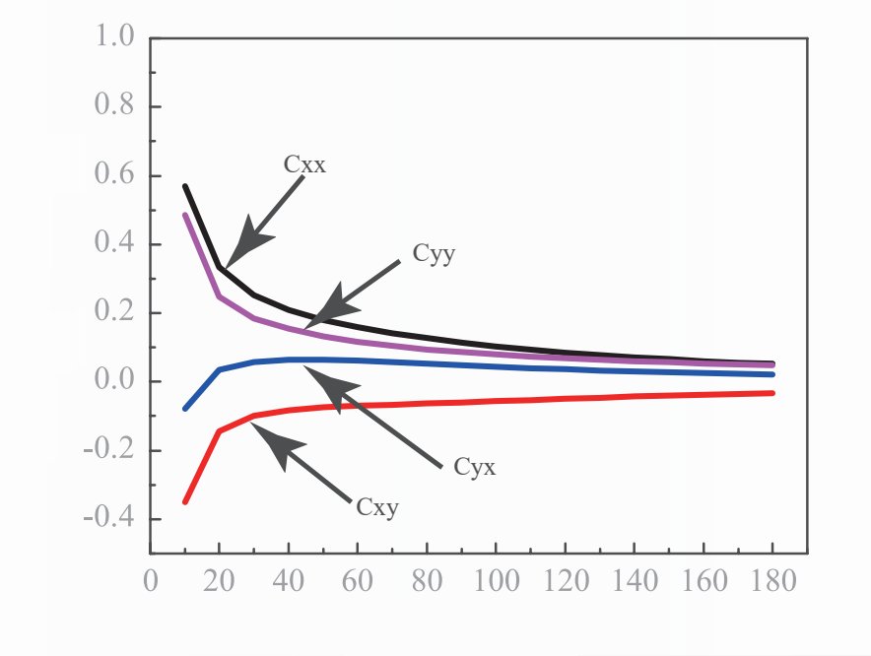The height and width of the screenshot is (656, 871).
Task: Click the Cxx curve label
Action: pos(304,165)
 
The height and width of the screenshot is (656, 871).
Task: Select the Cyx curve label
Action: pos(474,467)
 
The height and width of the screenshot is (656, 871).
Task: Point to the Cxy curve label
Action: pos(378,508)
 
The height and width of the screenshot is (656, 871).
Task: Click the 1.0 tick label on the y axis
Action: pos(114,38)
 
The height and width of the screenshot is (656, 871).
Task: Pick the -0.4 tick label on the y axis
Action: pos(109,518)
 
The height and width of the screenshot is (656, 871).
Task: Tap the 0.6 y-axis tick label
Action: pos(114,176)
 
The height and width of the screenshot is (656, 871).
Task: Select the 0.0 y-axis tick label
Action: pos(114,381)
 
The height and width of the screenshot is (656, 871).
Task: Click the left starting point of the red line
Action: pos(184,502)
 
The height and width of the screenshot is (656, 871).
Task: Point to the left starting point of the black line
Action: pos(184,185)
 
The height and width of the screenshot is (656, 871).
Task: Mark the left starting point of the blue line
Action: pos(184,408)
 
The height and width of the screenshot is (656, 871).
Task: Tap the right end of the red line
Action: pos(772,393)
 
